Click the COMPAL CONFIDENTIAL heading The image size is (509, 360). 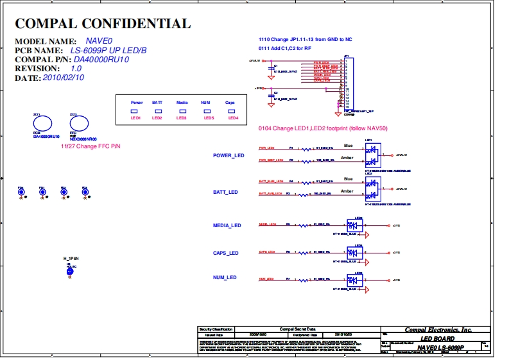pyautogui.click(x=103, y=24)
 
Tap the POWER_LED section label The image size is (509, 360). pyautogui.click(x=229, y=156)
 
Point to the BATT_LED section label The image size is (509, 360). pyautogui.click(x=225, y=193)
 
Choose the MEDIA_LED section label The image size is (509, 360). pyautogui.click(x=227, y=226)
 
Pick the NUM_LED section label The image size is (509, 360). pyautogui.click(x=224, y=278)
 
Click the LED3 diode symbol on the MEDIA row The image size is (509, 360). pyautogui.click(x=354, y=226)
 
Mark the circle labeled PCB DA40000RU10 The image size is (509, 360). pyautogui.click(x=42, y=124)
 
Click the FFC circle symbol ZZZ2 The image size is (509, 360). pyautogui.click(x=78, y=124)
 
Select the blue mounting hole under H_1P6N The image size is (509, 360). pyautogui.click(x=70, y=271)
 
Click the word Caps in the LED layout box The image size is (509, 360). pyautogui.click(x=230, y=103)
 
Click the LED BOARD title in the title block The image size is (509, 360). pyautogui.click(x=438, y=339)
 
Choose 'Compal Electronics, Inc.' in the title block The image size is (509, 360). pyautogui.click(x=438, y=330)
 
